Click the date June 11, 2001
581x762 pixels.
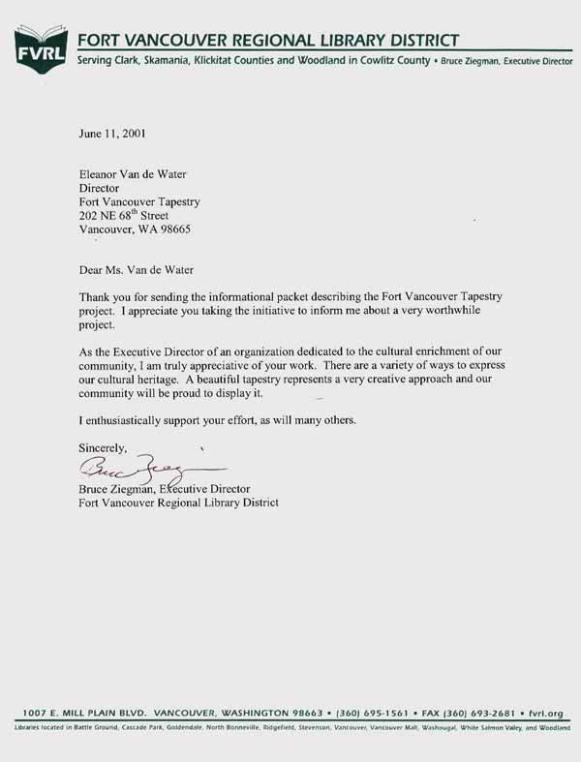(x=111, y=134)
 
